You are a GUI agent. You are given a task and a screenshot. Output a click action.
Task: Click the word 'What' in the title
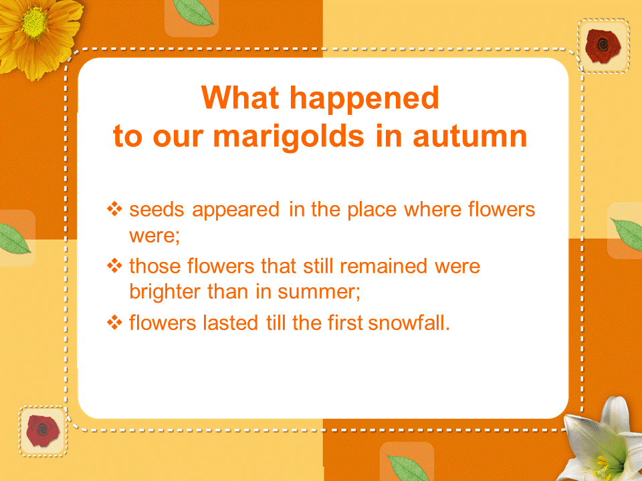240,98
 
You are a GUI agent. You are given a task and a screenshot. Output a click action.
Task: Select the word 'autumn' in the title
469,136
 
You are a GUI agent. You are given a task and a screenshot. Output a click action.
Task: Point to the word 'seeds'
156,209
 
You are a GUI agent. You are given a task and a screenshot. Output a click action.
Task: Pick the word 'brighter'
165,293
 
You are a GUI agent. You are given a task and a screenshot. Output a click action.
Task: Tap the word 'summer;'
319,293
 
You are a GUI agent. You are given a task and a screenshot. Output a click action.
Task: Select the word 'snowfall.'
409,323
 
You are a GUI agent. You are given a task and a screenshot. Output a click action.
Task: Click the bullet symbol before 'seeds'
114,209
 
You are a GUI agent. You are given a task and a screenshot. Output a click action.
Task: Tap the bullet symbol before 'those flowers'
114,266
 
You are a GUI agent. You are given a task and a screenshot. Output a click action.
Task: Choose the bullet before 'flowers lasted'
114,323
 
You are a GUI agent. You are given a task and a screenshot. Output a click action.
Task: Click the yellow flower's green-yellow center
33,23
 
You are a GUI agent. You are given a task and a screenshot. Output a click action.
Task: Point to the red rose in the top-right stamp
603,45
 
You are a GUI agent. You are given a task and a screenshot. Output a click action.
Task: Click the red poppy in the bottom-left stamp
42,431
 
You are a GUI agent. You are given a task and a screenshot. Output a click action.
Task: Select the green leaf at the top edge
193,12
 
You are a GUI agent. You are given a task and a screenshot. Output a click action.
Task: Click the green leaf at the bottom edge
408,468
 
